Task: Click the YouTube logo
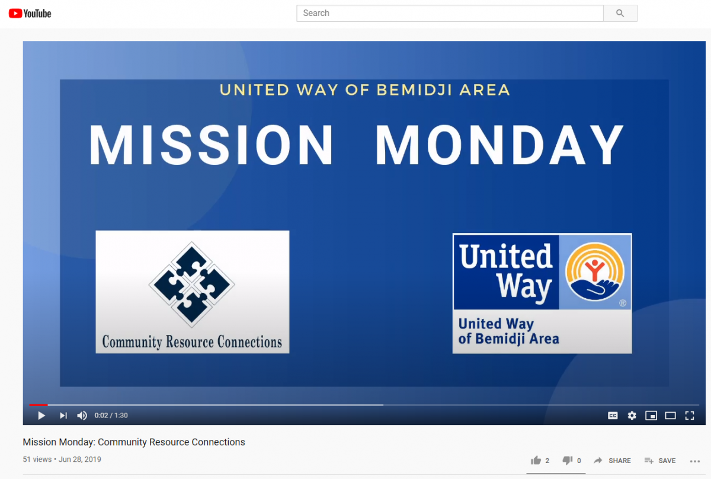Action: click(x=30, y=14)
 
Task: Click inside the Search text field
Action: click(x=450, y=14)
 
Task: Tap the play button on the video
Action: click(x=41, y=416)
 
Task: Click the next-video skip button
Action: click(x=63, y=416)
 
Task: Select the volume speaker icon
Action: click(x=82, y=416)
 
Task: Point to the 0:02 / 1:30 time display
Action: click(x=111, y=416)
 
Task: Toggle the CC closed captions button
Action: click(x=613, y=416)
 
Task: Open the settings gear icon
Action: click(x=632, y=416)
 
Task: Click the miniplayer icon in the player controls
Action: click(x=651, y=416)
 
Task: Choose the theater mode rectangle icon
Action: click(x=670, y=416)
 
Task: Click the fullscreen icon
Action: click(x=690, y=416)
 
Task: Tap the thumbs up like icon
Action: click(x=536, y=460)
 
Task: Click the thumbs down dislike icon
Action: click(x=567, y=460)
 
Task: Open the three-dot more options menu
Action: click(x=695, y=461)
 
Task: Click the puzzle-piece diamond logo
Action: click(x=192, y=285)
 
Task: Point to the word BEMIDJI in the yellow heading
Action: click(x=414, y=90)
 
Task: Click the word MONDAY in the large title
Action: click(x=499, y=145)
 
